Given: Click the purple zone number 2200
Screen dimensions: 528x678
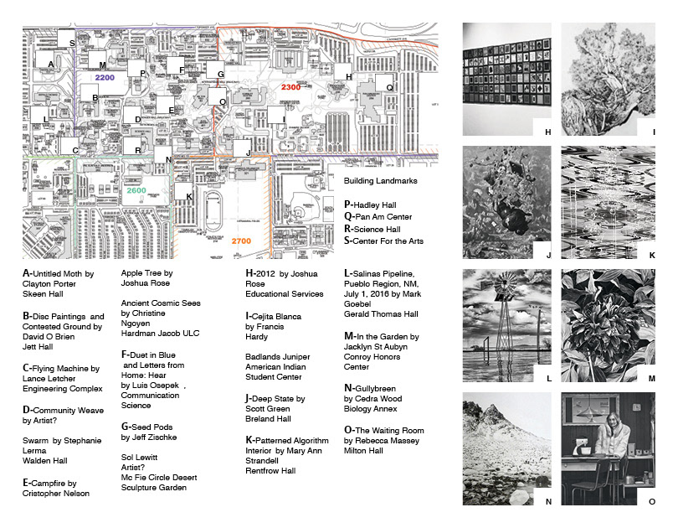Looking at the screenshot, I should (x=105, y=78).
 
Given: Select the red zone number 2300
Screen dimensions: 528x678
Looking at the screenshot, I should (x=291, y=87).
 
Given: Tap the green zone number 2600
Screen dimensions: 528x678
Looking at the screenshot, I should (x=137, y=191).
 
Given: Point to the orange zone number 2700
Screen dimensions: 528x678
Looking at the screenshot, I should (x=241, y=241).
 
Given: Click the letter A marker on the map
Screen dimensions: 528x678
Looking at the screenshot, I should (x=51, y=64).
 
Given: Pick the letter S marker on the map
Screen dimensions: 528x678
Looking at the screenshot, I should (x=72, y=43).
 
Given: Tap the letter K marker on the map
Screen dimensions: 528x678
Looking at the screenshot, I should (x=190, y=197).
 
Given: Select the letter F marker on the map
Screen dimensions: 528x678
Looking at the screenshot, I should (x=181, y=69).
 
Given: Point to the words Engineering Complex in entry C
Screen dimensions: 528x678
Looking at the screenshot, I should (x=63, y=389).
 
